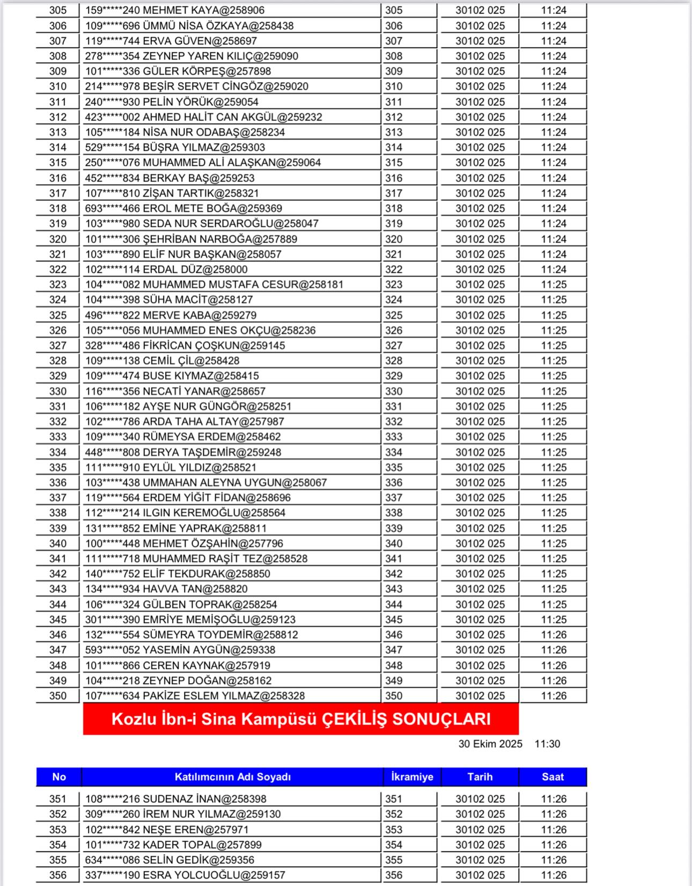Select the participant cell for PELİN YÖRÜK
[172, 102]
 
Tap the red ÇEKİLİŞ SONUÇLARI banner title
[301, 718]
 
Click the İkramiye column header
[412, 776]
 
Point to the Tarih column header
[480, 776]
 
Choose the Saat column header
[553, 776]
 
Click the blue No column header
[59, 776]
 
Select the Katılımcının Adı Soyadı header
[232, 776]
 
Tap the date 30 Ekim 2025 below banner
[490, 744]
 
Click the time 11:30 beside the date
[547, 744]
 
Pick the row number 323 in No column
[58, 285]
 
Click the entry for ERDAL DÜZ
[166, 270]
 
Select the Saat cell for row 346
[554, 635]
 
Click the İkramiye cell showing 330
[394, 391]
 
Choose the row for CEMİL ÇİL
[162, 361]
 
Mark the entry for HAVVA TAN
[166, 589]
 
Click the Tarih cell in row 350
[480, 696]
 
